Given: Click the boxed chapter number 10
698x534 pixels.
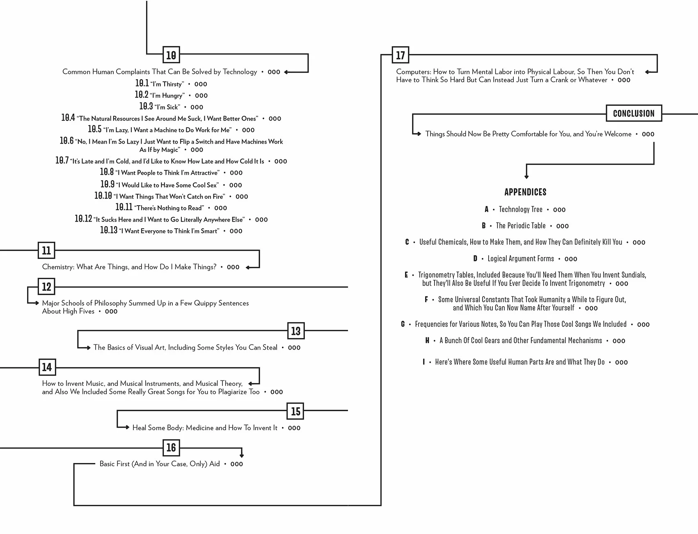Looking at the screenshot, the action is [171, 55].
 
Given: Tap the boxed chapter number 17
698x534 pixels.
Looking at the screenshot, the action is [400, 55].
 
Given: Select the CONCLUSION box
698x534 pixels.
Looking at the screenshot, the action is [634, 113].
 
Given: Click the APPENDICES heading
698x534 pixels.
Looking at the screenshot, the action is [525, 192].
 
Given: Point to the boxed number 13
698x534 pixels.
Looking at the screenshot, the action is [296, 331].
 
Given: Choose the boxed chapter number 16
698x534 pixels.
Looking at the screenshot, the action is [171, 447].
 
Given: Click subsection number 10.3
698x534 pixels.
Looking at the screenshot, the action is [146, 106].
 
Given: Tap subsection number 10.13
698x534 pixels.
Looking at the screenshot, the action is [109, 230].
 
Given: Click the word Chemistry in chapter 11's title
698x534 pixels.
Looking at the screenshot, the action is [58, 267].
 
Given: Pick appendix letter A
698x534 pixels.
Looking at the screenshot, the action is [487, 209].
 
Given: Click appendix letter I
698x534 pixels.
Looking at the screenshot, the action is [423, 362].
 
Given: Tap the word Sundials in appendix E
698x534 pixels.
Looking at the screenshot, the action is [632, 275].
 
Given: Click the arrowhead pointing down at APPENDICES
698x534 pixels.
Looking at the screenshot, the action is [526, 176].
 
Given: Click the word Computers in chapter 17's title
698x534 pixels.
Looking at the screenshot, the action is [413, 72].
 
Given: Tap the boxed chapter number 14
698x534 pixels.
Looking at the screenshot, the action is [47, 367].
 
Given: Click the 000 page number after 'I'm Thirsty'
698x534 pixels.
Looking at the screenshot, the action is [201, 84].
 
